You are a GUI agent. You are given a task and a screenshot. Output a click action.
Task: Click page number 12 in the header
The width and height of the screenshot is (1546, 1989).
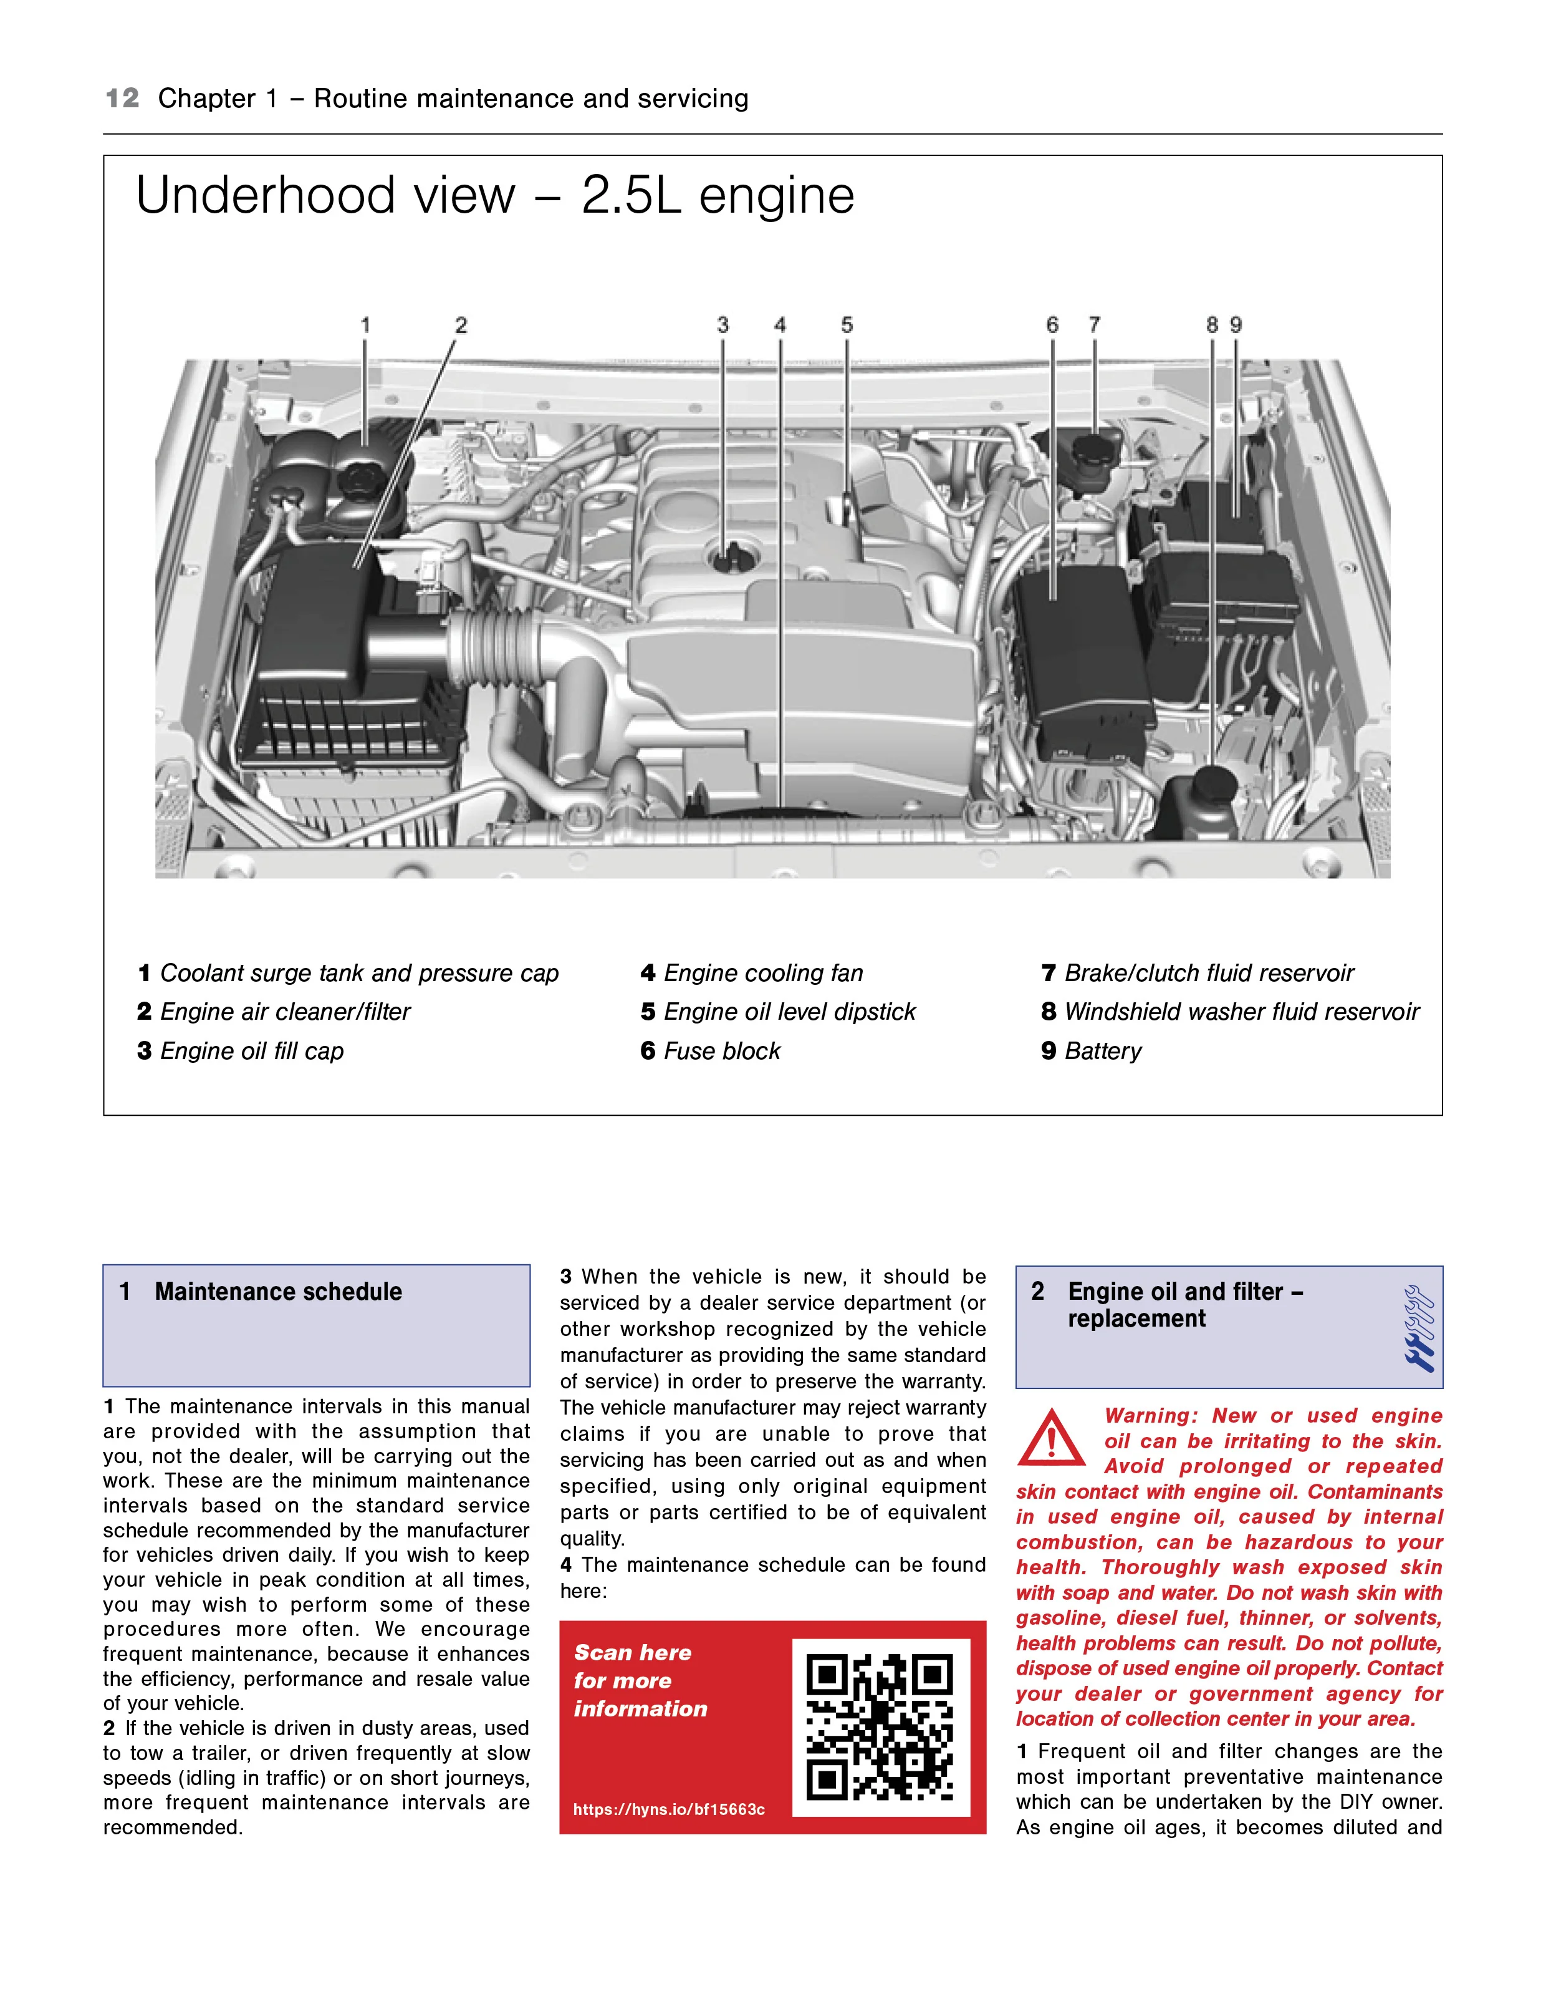coord(122,99)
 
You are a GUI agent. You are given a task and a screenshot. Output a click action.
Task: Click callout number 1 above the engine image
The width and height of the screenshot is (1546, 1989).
coord(365,325)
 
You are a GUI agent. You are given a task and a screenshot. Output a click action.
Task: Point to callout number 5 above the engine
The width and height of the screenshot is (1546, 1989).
coord(847,325)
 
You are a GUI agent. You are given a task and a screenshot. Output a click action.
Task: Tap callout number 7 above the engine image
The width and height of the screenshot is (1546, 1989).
coord(1095,325)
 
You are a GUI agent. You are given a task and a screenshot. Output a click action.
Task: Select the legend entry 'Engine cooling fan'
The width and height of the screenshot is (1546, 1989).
coord(752,974)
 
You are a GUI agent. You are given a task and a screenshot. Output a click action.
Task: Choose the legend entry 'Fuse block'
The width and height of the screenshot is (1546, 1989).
coord(711,1051)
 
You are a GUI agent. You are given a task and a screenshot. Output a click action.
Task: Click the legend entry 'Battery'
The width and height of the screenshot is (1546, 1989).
coord(1091,1051)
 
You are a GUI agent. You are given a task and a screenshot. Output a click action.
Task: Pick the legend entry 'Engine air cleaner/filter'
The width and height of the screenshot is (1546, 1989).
coord(274,1012)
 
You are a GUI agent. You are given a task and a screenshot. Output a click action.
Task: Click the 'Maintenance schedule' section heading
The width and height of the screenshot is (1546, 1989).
coord(277,1292)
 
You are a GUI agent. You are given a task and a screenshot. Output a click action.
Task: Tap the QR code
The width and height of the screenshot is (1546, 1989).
coord(880,1728)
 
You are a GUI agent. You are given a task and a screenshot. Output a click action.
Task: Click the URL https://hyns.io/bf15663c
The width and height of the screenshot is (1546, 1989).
coord(669,1809)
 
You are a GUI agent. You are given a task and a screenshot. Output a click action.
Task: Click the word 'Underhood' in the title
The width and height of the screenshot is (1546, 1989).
coord(325,196)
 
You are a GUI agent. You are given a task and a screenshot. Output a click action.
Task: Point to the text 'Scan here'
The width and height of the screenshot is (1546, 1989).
coord(633,1652)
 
